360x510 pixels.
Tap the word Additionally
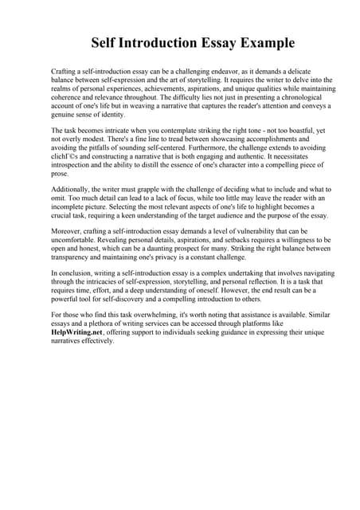coord(72,189)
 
